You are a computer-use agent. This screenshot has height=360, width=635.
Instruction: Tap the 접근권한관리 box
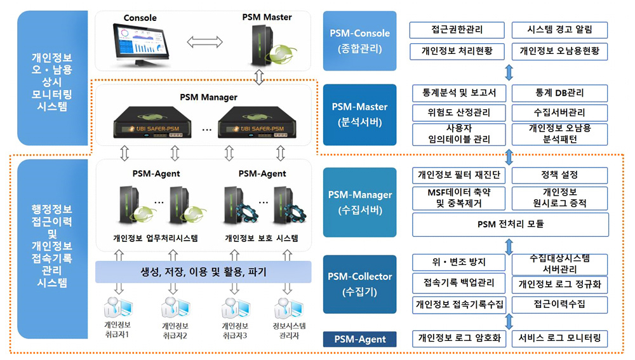pyautogui.click(x=457, y=30)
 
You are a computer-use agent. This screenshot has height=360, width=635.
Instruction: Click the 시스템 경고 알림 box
pyautogui.click(x=559, y=30)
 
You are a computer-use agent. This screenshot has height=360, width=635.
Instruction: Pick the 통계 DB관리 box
pyautogui.click(x=559, y=93)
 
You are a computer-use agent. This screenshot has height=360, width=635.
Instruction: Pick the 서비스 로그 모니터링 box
pyautogui.click(x=559, y=338)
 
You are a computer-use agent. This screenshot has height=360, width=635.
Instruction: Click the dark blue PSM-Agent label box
pyautogui.click(x=359, y=339)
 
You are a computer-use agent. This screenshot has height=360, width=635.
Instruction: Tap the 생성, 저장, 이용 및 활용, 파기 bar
pyautogui.click(x=203, y=272)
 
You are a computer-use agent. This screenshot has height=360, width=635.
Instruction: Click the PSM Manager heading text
pyautogui.click(x=209, y=97)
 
